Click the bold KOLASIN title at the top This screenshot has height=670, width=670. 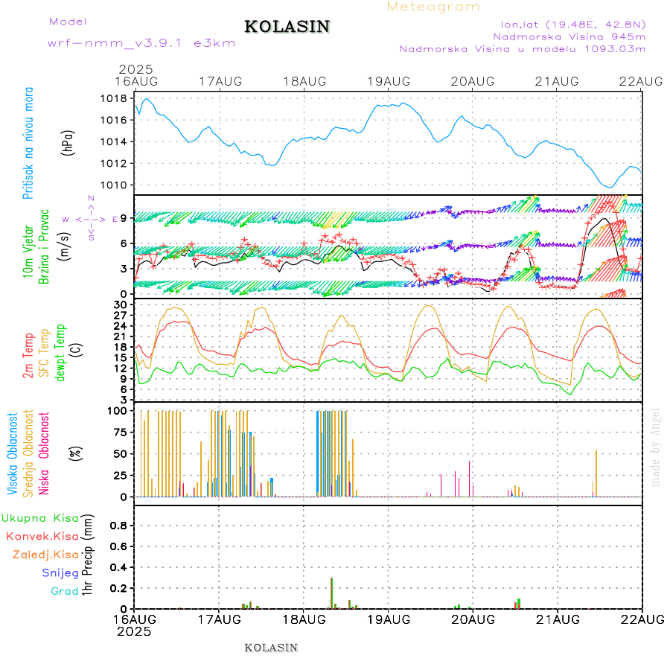click(x=287, y=27)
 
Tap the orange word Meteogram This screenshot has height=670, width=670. click(x=434, y=7)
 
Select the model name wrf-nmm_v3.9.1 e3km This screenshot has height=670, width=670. click(x=141, y=43)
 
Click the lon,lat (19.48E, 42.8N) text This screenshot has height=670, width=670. click(x=573, y=24)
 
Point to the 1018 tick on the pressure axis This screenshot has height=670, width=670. click(x=114, y=98)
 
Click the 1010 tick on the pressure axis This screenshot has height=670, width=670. click(x=114, y=185)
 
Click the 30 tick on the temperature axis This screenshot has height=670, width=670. click(x=119, y=304)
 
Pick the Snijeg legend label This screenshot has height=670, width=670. click(x=60, y=572)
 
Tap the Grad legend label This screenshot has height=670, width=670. click(x=65, y=591)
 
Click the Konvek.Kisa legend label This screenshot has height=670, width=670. click(x=42, y=536)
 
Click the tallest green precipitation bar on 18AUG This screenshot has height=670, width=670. click(x=331, y=593)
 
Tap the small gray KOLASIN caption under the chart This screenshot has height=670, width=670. click(x=271, y=648)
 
